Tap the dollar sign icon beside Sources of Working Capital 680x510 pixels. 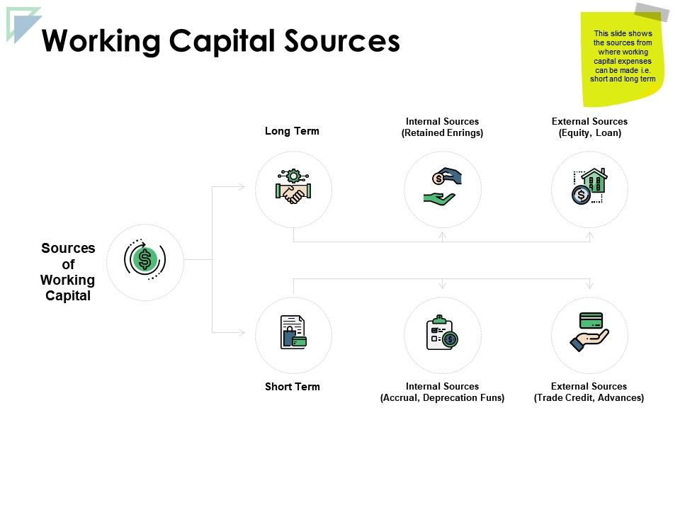click(x=145, y=260)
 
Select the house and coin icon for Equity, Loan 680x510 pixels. click(x=589, y=187)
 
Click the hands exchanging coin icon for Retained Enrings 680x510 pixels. click(x=443, y=187)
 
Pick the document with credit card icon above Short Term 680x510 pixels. click(x=293, y=332)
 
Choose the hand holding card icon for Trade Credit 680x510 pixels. click(x=589, y=331)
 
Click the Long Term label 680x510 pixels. click(x=292, y=131)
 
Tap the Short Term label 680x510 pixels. click(x=292, y=387)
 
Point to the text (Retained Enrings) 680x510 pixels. click(x=442, y=133)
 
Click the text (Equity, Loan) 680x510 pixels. click(x=589, y=133)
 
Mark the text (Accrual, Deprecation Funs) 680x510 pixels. click(x=442, y=398)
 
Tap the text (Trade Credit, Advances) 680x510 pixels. click(x=589, y=398)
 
